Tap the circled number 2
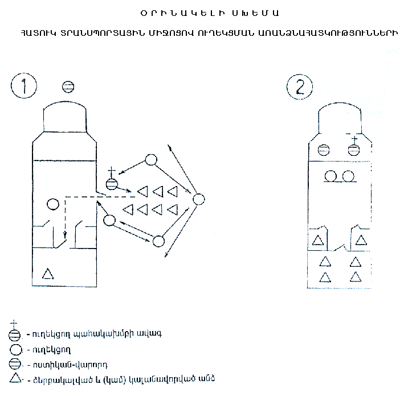(x=300, y=88)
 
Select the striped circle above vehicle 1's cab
(x=68, y=86)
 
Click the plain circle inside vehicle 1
(x=52, y=204)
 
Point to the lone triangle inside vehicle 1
(x=48, y=274)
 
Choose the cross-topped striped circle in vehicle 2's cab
(x=353, y=150)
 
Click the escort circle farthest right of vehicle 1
(x=198, y=200)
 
